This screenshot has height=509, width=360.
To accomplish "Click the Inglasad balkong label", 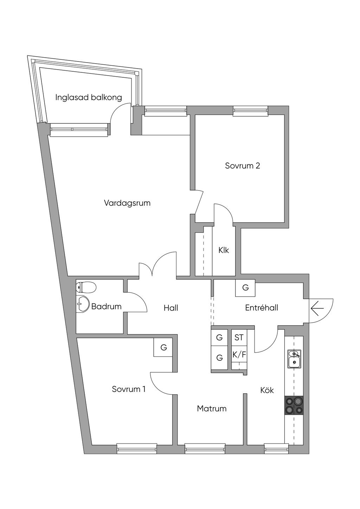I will [x=89, y=97].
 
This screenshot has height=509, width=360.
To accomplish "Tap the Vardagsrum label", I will [x=127, y=203].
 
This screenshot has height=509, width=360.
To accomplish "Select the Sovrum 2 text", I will [x=243, y=166].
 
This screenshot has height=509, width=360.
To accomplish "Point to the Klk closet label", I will [x=224, y=250].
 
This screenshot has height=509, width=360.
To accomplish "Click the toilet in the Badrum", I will [x=86, y=288].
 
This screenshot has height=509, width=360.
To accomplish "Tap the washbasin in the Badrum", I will [x=83, y=303].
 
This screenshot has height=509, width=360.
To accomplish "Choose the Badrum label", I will [x=107, y=307].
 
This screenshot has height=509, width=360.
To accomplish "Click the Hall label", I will [x=171, y=308].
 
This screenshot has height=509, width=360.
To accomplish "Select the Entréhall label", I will [x=262, y=308].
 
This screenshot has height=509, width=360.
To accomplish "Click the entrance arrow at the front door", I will [x=317, y=309].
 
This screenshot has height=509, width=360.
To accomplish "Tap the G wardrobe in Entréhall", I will [x=245, y=288].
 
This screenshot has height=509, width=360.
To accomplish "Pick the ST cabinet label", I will [x=239, y=338].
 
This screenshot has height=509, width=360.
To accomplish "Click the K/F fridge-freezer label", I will [x=239, y=355].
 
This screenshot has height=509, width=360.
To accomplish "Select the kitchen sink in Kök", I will [x=294, y=359].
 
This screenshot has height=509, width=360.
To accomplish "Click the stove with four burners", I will [x=294, y=405].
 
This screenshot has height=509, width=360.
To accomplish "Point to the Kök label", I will [x=267, y=390].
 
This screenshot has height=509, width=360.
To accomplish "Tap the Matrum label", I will [x=212, y=408].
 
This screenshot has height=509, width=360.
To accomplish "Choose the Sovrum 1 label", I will [x=129, y=389].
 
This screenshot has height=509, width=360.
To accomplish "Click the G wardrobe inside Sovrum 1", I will [x=163, y=348].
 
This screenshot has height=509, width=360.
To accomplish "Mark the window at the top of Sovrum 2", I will [x=250, y=111].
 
